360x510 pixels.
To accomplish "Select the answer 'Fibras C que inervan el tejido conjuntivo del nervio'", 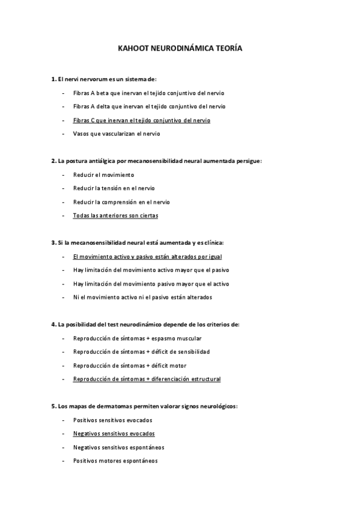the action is coord(141,120).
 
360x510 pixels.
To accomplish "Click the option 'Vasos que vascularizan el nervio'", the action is coord(117,134).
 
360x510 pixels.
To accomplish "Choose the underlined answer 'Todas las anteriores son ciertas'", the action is coord(115,215).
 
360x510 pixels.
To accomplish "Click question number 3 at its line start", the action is coord(53,242).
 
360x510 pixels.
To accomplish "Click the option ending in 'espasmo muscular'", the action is coord(137,338).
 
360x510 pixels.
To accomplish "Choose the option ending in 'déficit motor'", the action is coord(129,365).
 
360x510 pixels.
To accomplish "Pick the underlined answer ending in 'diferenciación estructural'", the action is coord(147,379).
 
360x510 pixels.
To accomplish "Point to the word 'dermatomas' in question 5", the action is coord(110,406).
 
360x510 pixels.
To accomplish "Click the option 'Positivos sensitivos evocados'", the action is coord(112,420).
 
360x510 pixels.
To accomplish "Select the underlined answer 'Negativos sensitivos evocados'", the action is coord(114,433).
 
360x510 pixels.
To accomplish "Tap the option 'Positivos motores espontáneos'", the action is coord(115,461).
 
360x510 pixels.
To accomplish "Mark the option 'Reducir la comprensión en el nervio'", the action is coord(121,201).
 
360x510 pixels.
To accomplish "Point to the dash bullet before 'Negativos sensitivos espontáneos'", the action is coord(64,447).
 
